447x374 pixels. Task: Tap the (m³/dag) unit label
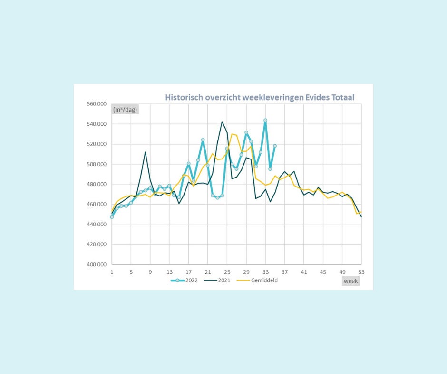tap(124, 110)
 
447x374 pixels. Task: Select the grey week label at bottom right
tap(351, 281)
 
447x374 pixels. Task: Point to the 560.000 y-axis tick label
tap(96, 104)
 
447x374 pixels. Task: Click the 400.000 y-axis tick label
tap(96, 264)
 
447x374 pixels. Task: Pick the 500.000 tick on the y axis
tap(96, 164)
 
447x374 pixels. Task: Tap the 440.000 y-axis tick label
tap(96, 224)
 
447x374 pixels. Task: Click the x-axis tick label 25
tap(227, 272)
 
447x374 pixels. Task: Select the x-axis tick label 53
tap(361, 272)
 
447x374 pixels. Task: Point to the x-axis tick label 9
tap(150, 272)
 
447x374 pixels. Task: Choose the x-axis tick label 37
tap(284, 272)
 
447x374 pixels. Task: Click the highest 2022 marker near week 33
tap(265, 120)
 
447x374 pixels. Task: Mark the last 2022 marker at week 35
tap(275, 146)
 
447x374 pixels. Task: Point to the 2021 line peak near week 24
tap(222, 122)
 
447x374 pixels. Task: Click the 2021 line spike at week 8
tap(146, 152)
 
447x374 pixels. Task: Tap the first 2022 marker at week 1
tap(112, 217)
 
